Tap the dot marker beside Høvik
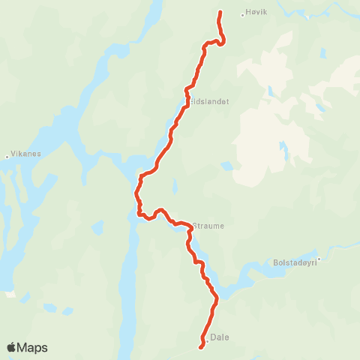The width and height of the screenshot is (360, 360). pyautogui.click(x=242, y=13)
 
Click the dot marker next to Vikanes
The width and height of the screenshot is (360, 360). pyautogui.click(x=7, y=157)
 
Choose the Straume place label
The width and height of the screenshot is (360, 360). pyautogui.click(x=208, y=225)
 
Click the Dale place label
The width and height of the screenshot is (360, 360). pyautogui.click(x=220, y=337)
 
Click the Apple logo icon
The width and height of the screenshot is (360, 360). pyautogui.click(x=11, y=347)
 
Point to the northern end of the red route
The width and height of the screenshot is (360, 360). pyautogui.click(x=220, y=12)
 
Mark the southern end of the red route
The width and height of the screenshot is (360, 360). pyautogui.click(x=200, y=346)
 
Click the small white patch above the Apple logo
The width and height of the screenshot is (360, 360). pyautogui.click(x=10, y=294)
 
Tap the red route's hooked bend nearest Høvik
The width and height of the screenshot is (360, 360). pyautogui.click(x=223, y=41)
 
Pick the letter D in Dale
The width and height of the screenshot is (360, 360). pyautogui.click(x=214, y=337)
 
